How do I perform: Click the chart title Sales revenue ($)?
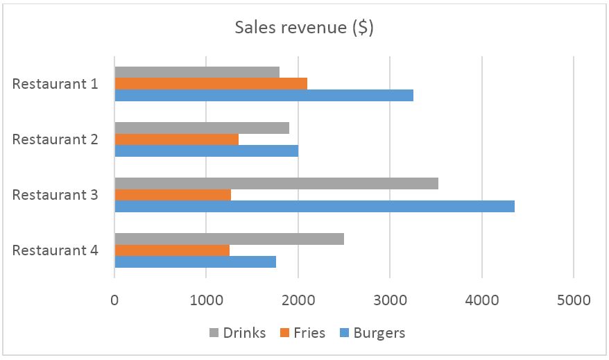[x=304, y=28]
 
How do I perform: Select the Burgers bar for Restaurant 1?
[x=264, y=95]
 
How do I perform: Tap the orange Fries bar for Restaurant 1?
[x=211, y=84]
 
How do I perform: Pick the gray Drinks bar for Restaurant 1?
[x=197, y=72]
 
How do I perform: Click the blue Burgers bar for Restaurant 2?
[x=206, y=151]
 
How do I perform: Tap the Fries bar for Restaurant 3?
[x=173, y=195]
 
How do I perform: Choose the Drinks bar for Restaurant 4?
[x=229, y=239]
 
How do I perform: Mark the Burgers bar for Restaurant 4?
[x=195, y=262]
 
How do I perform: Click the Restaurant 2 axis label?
[x=55, y=139]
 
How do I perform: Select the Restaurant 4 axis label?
[x=55, y=250]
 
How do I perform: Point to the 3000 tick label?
[x=390, y=300]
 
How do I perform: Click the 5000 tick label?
[x=573, y=300]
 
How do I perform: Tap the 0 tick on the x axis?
[x=114, y=300]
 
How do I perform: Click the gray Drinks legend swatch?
[x=213, y=334]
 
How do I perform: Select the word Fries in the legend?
[x=309, y=333]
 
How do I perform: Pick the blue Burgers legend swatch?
[x=343, y=334]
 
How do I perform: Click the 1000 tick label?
[x=206, y=300]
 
